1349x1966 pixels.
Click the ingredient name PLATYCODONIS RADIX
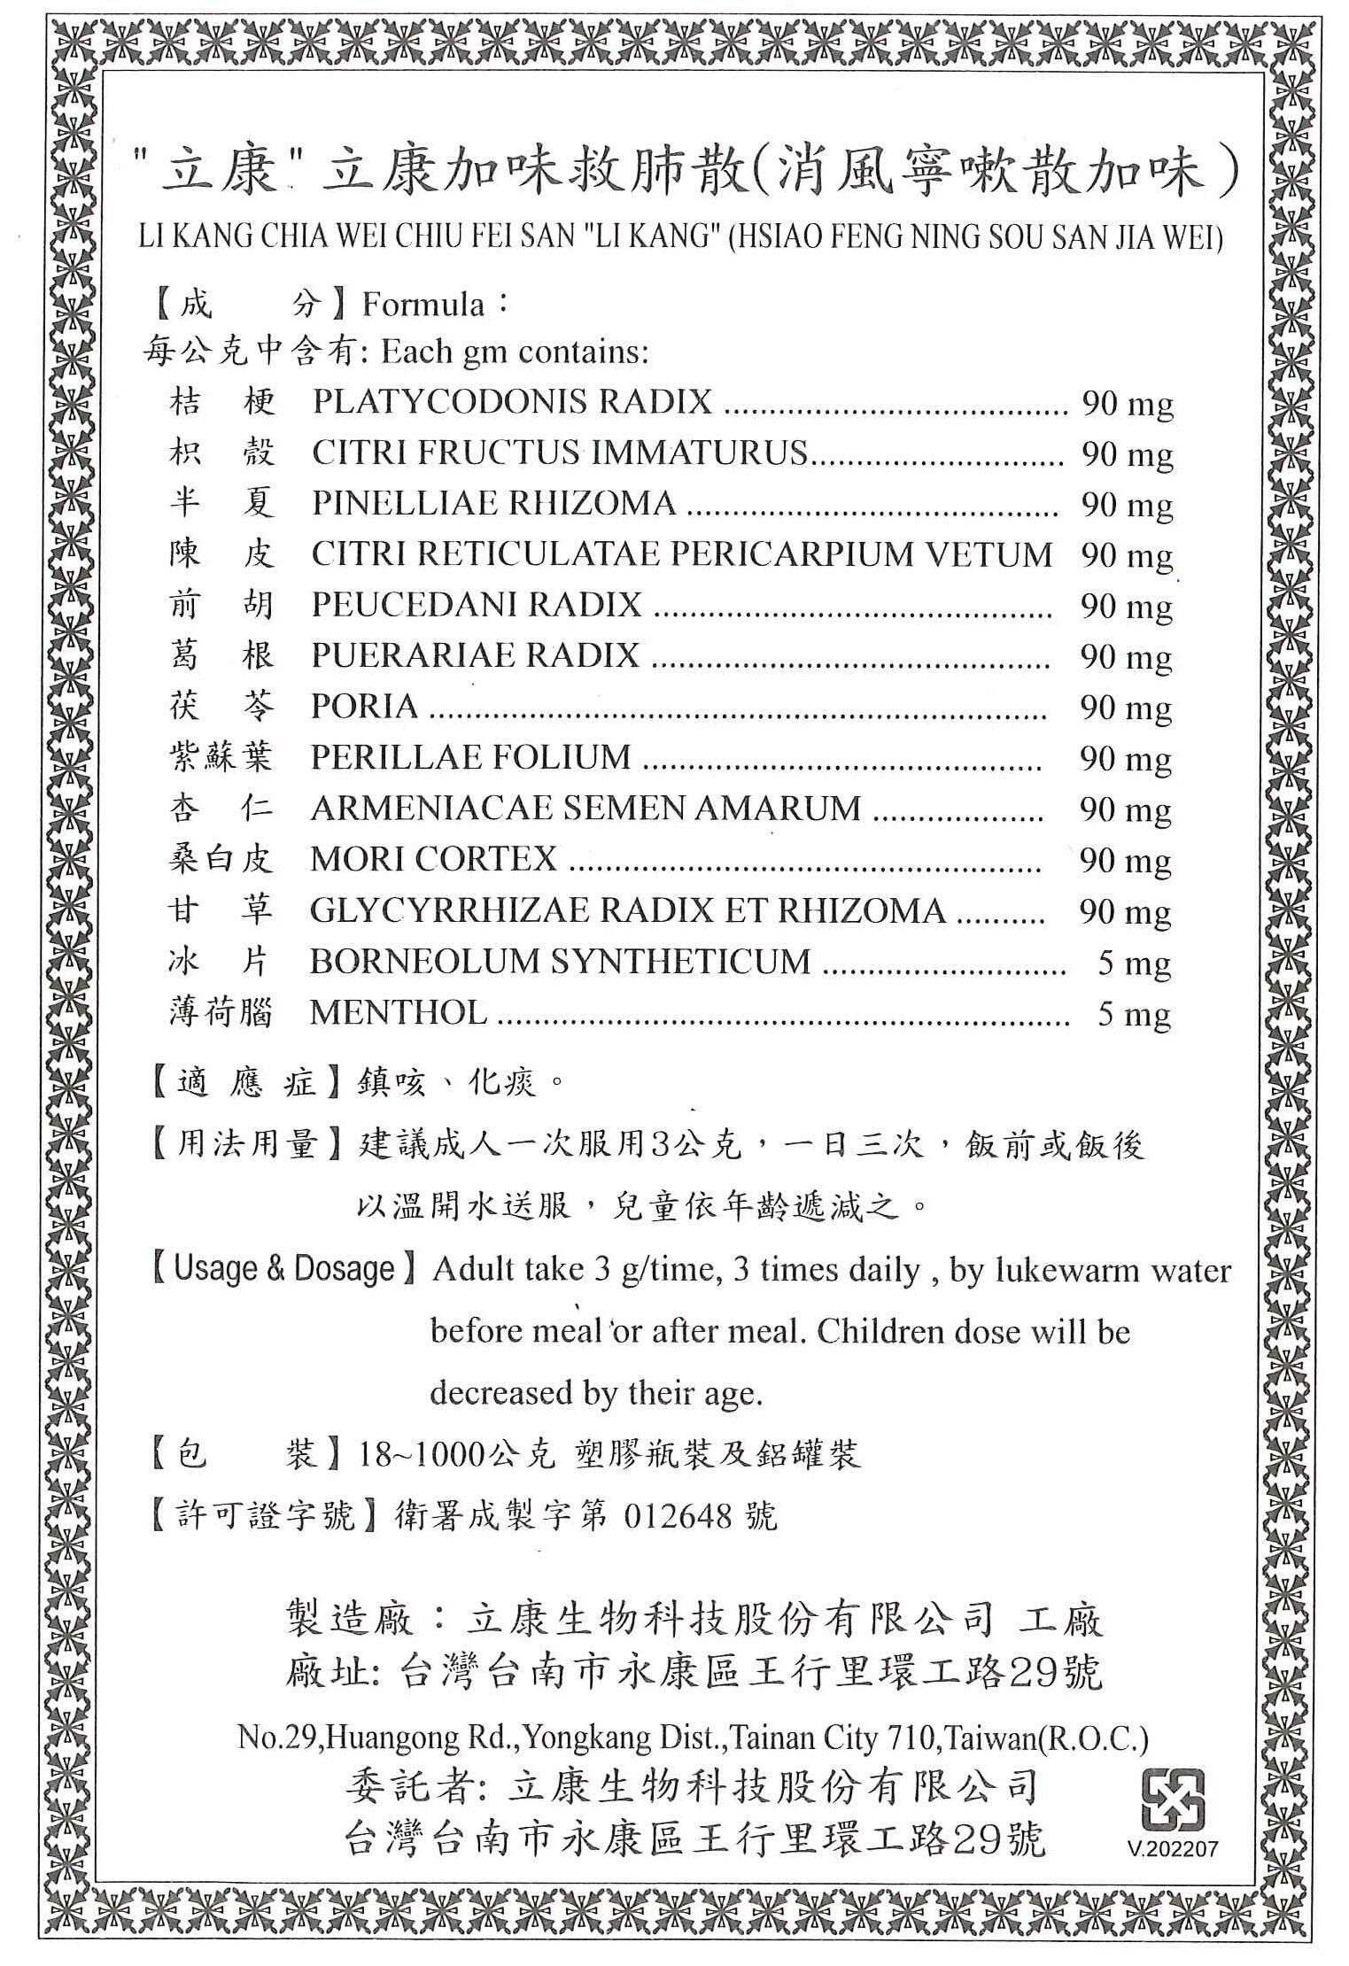511,402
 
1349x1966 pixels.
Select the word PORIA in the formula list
364,707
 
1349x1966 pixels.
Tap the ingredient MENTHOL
398,1012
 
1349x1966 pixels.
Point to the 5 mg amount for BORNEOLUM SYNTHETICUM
1134,963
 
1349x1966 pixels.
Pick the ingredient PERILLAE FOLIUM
470,757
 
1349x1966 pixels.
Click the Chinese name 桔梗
222,403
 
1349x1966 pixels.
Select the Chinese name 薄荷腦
221,1012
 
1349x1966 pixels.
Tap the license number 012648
678,1517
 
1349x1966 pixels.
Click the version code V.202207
1173,1849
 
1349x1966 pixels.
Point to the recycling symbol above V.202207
1173,1800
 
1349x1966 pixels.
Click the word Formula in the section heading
423,306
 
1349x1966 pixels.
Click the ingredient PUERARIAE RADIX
475,655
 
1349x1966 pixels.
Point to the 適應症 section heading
246,1083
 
